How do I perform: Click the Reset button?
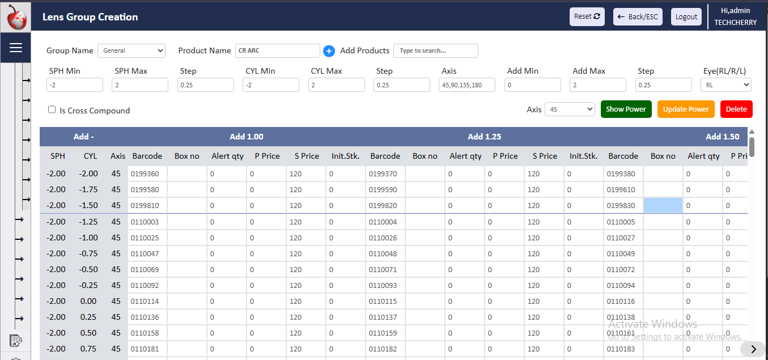(x=587, y=16)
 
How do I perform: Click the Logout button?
(x=686, y=16)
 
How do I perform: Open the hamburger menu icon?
(x=15, y=48)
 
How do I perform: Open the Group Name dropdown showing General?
(x=131, y=50)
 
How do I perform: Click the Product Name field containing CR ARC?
(x=277, y=50)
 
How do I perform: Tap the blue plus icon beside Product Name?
(x=329, y=51)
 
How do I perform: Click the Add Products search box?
(x=435, y=50)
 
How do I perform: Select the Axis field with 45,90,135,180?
(x=467, y=85)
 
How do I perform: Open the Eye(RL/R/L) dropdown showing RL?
(x=725, y=85)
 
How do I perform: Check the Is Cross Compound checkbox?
(x=52, y=110)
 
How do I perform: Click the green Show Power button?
(x=626, y=109)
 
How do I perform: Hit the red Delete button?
(x=736, y=109)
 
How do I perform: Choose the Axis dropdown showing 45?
(x=569, y=109)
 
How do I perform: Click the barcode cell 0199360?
(x=147, y=174)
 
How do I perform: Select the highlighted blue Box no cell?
(x=663, y=206)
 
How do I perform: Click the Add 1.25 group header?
(x=484, y=137)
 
